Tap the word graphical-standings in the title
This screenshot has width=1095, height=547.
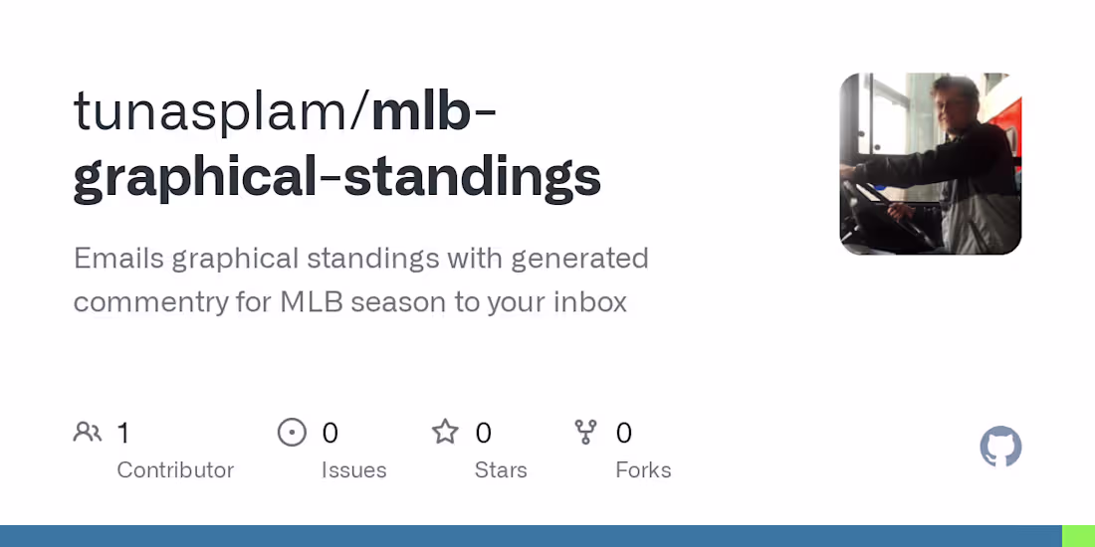click(337, 177)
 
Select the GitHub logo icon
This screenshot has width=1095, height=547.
click(1000, 447)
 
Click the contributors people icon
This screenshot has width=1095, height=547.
click(88, 432)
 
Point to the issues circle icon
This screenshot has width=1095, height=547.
click(292, 432)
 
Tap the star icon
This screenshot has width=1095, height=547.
click(445, 432)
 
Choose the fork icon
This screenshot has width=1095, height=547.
click(585, 432)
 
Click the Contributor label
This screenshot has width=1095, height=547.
click(175, 469)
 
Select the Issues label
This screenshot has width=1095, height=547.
click(353, 469)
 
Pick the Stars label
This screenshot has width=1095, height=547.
click(501, 469)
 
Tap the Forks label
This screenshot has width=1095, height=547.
click(643, 469)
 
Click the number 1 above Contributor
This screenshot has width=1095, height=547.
click(123, 433)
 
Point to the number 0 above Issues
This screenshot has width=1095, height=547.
click(330, 433)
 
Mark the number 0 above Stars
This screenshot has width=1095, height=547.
click(484, 433)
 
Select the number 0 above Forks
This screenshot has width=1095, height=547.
click(624, 433)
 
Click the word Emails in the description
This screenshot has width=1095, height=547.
click(118, 259)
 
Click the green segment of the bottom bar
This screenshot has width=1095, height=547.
click(1078, 536)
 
